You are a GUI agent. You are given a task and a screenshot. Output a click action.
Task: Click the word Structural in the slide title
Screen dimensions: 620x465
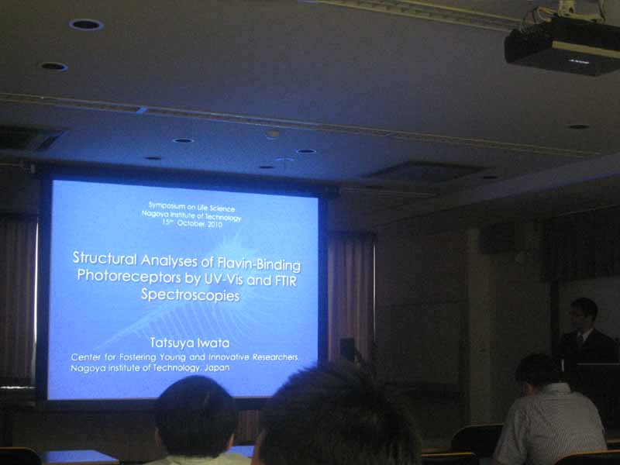tap(105, 258)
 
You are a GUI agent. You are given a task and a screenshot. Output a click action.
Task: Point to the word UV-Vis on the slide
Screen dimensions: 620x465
tap(222, 279)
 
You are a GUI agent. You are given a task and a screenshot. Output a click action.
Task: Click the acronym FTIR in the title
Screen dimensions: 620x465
tap(285, 281)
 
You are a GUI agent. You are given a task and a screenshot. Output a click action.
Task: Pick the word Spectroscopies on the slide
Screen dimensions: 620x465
tap(190, 295)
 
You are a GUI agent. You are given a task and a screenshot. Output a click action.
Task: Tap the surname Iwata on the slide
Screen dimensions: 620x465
tap(215, 343)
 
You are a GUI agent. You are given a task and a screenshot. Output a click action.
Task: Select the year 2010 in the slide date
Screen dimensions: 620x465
tap(214, 224)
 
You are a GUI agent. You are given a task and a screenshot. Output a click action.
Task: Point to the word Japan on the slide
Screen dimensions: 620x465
tap(217, 368)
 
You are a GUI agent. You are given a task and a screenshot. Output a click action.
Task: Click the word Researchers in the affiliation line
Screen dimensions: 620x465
tap(275, 357)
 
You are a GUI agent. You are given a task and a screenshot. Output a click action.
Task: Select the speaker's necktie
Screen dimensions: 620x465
tap(580, 339)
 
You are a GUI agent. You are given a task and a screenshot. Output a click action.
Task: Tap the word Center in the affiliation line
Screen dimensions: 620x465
tap(86, 357)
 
